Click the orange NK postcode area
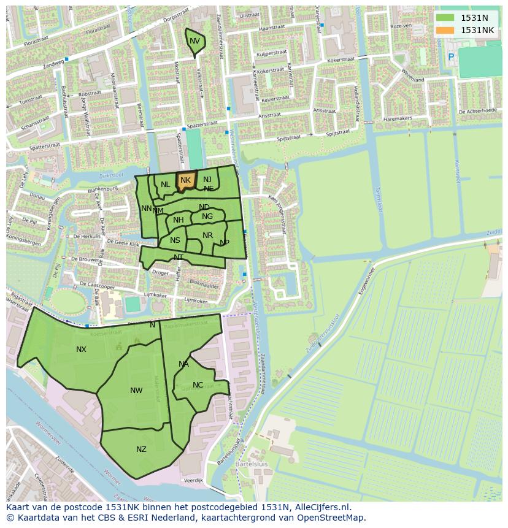point(186,180)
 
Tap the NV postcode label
point(194,41)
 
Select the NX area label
point(81,350)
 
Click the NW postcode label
point(136,391)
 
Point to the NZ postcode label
point(141,450)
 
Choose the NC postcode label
point(198,385)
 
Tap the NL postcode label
point(166,185)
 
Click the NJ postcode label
point(207,180)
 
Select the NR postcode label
point(207,235)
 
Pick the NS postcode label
point(175,240)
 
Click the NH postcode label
point(178,220)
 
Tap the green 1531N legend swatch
point(445,18)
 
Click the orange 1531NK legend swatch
point(445,30)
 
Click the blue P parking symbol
point(451,57)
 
